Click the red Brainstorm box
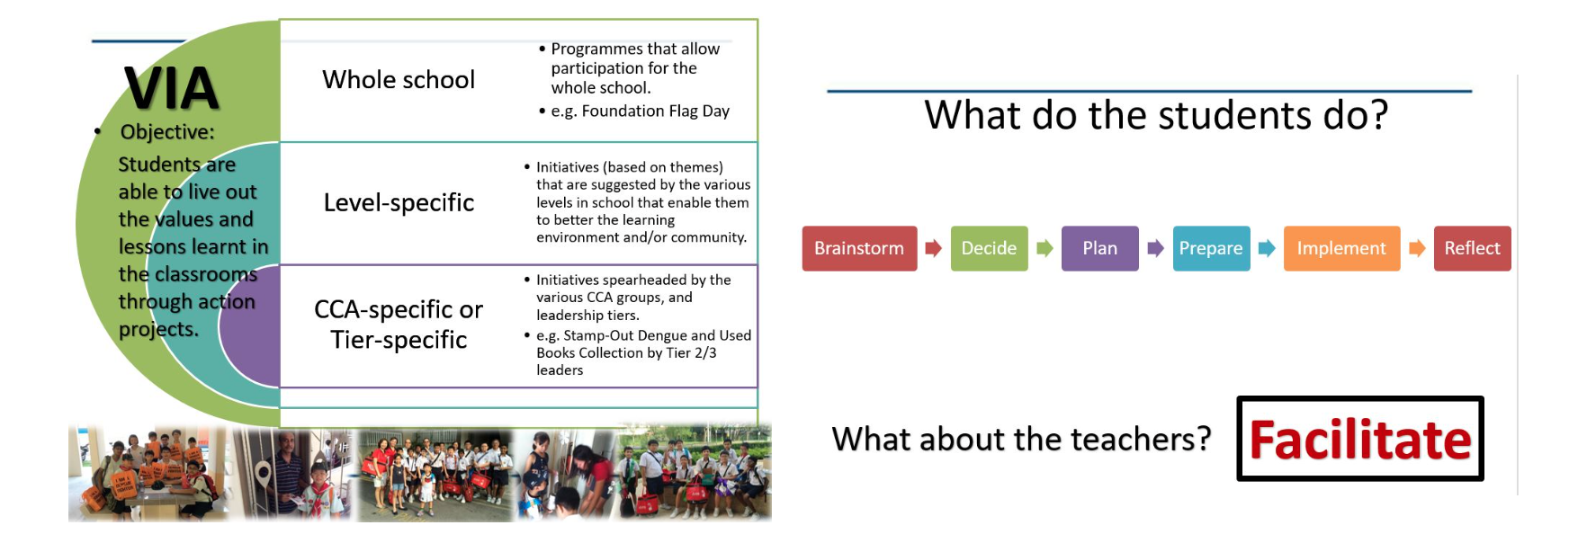[x=859, y=248]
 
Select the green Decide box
[x=989, y=248]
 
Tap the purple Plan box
[x=1099, y=248]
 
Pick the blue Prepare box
[x=1211, y=248]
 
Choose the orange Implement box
[x=1341, y=248]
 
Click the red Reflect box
[x=1472, y=248]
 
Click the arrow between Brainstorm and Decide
[x=934, y=248]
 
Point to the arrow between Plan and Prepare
[x=1156, y=248]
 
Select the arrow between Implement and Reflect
[x=1417, y=248]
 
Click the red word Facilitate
[x=1359, y=441]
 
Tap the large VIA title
[x=171, y=88]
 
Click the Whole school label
[x=399, y=80]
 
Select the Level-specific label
[x=399, y=203]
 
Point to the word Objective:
[x=167, y=132]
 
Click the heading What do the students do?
[x=1156, y=115]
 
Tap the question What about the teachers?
[x=1021, y=440]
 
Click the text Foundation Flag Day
[x=656, y=111]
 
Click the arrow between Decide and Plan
[x=1045, y=248]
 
